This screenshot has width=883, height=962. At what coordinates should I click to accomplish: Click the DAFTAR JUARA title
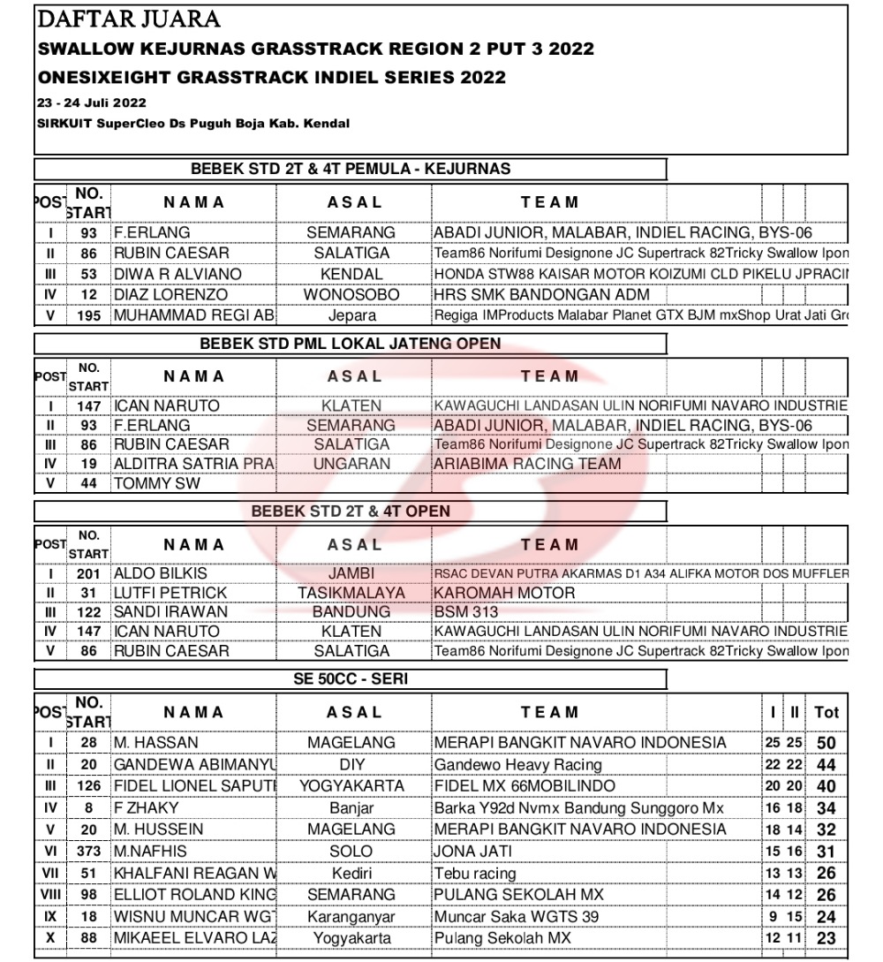click(x=129, y=19)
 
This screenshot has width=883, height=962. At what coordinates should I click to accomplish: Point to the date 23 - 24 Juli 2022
click(x=92, y=103)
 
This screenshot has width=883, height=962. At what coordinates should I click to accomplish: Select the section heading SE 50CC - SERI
click(x=351, y=680)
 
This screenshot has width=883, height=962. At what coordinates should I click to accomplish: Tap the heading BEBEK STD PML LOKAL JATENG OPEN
click(x=351, y=343)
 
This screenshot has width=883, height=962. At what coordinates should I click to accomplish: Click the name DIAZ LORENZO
click(x=170, y=295)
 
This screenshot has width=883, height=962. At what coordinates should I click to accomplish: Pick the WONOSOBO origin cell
click(x=351, y=295)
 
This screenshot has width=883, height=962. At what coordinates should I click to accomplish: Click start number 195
click(x=89, y=315)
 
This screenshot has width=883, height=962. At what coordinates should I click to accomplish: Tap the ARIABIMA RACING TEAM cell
click(x=527, y=464)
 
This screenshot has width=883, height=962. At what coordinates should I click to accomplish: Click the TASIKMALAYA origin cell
click(x=351, y=593)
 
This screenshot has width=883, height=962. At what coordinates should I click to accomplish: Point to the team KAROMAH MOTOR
click(x=504, y=593)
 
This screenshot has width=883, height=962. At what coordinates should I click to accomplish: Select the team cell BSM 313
click(x=466, y=612)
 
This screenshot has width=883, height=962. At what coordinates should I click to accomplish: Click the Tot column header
click(x=826, y=712)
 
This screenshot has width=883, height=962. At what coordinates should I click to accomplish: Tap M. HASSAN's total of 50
click(x=826, y=743)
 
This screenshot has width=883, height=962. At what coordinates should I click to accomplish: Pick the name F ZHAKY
click(x=147, y=807)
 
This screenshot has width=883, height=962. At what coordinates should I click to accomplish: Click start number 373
click(x=89, y=851)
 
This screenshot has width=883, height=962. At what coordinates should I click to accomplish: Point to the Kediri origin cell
click(x=351, y=873)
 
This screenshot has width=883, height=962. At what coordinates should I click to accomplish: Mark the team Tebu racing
click(x=475, y=873)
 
